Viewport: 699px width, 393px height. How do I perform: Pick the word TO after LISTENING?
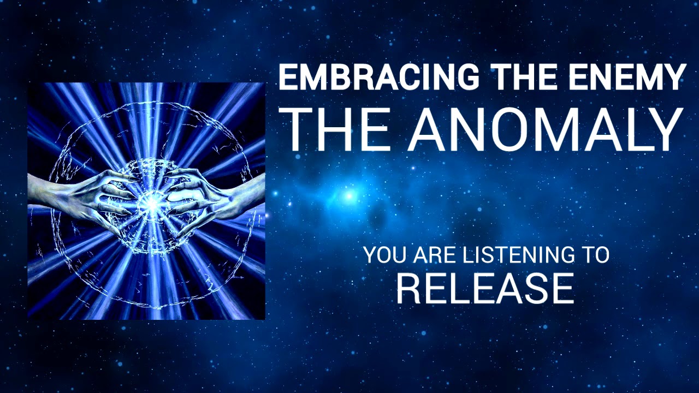coord(595,255)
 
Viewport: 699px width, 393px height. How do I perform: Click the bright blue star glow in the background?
coord(348,194)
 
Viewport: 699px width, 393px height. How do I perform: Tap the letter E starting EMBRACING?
coord(287,77)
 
